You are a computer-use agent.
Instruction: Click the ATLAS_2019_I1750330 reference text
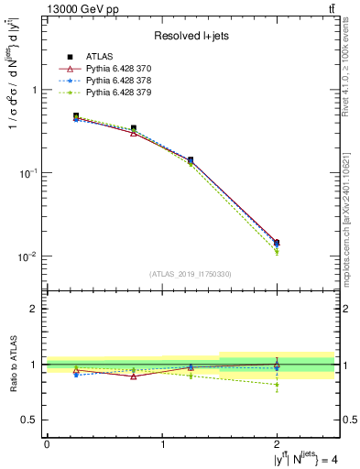190,274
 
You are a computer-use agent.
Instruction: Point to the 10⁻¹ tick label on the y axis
29,173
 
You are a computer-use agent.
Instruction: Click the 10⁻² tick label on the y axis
29,256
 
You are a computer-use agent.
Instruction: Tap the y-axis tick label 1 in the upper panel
34,91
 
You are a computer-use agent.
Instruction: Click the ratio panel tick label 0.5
30,420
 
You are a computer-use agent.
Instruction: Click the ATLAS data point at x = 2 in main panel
277,243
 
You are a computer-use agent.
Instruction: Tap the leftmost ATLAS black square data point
76,116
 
